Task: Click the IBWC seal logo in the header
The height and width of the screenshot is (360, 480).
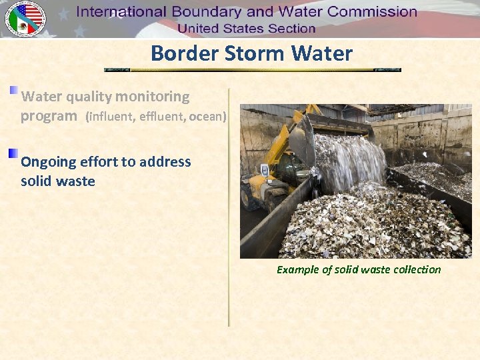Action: [x=25, y=19]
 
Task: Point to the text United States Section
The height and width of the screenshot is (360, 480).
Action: [x=246, y=28]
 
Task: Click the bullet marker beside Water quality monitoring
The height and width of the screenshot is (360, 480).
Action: [x=13, y=90]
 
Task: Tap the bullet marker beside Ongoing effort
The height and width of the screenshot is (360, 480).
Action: [x=13, y=154]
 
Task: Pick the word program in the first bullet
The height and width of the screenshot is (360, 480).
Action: [x=49, y=117]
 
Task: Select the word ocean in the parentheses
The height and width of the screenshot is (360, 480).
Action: [x=207, y=117]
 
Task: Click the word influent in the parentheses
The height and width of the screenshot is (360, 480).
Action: [x=110, y=117]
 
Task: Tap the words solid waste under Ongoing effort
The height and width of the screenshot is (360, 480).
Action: [x=58, y=181]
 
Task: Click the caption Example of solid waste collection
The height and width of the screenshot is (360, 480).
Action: [x=359, y=269]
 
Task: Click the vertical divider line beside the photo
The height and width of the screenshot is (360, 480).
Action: [x=229, y=207]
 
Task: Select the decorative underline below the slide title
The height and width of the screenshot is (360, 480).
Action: [x=253, y=69]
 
